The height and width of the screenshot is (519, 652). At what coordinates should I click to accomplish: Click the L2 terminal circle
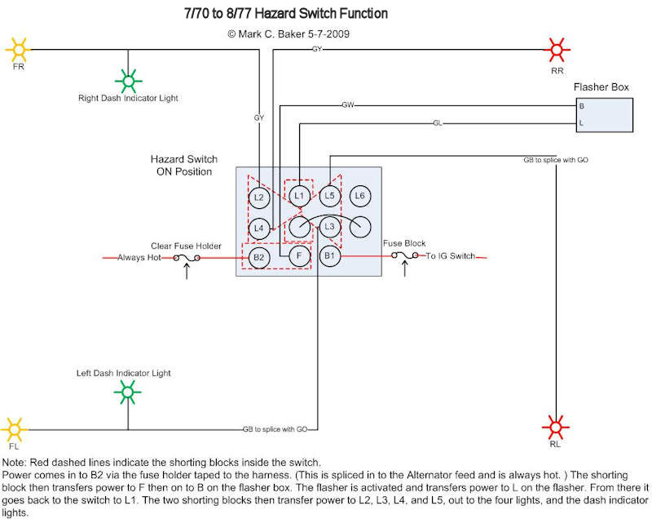[x=258, y=197]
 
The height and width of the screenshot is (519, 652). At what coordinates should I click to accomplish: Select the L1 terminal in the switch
[x=299, y=196]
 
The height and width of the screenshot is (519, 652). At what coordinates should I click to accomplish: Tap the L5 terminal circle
[x=329, y=196]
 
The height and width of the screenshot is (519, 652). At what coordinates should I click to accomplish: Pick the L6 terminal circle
[x=361, y=196]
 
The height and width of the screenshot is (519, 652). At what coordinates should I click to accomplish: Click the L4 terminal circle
[x=258, y=228]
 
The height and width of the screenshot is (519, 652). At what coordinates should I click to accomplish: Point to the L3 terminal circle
[x=329, y=227]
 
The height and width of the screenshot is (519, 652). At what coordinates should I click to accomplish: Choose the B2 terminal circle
[x=258, y=258]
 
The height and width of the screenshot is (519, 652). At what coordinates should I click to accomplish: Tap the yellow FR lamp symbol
[x=18, y=49]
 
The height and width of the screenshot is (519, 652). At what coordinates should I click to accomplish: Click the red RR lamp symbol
[x=557, y=49]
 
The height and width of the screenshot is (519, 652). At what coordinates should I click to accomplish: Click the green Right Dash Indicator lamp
[x=128, y=79]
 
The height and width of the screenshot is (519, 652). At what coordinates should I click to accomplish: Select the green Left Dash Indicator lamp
[x=127, y=396]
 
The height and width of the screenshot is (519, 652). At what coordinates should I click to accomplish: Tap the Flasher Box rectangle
[x=604, y=115]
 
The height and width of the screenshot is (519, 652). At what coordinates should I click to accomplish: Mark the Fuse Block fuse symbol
[x=404, y=256]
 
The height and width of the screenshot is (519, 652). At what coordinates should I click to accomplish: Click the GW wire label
[x=348, y=105]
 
